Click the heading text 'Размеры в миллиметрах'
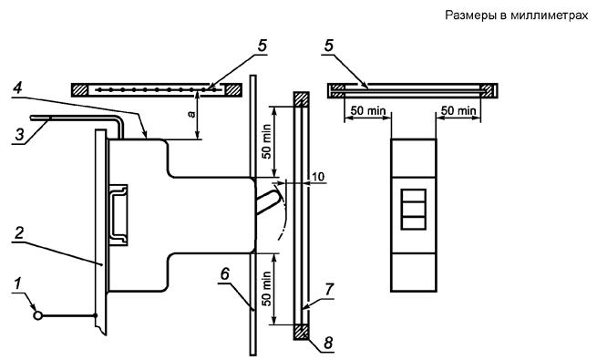click(x=517, y=15)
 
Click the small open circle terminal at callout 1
click(x=37, y=315)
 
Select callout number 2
click(x=19, y=233)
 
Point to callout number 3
click(x=19, y=134)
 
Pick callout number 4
click(x=17, y=88)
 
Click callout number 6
click(x=225, y=273)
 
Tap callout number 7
click(x=329, y=290)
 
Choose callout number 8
click(x=327, y=343)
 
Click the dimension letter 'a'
click(x=191, y=114)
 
